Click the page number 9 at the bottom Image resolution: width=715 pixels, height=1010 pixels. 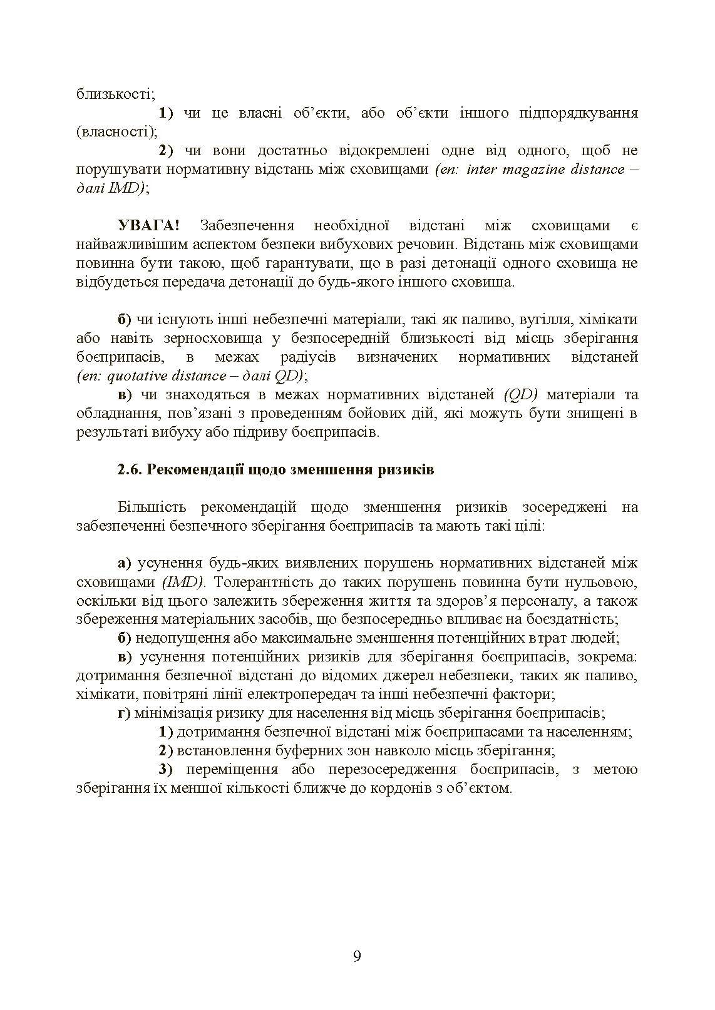point(357,956)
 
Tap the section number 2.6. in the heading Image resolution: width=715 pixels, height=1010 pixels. point(130,469)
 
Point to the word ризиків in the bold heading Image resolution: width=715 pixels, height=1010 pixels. point(406,469)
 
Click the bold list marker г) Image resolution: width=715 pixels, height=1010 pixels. point(124,713)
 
